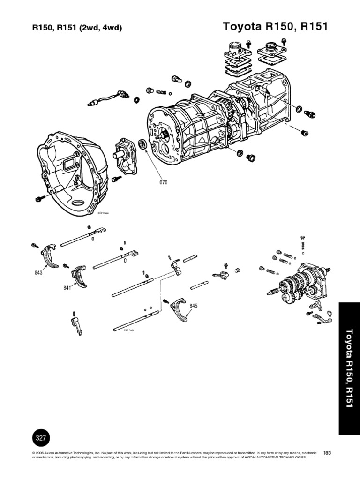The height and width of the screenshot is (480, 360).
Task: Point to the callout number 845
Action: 194,306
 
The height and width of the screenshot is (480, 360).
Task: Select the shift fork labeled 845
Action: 178,307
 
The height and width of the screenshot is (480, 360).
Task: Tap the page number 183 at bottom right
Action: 327,452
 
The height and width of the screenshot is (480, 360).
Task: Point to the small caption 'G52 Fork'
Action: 128,330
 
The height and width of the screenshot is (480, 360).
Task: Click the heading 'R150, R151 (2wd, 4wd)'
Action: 77,28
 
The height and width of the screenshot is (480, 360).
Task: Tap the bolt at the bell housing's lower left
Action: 38,199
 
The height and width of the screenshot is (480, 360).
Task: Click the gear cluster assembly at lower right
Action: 300,284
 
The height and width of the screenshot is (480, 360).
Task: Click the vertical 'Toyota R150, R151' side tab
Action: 349,368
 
